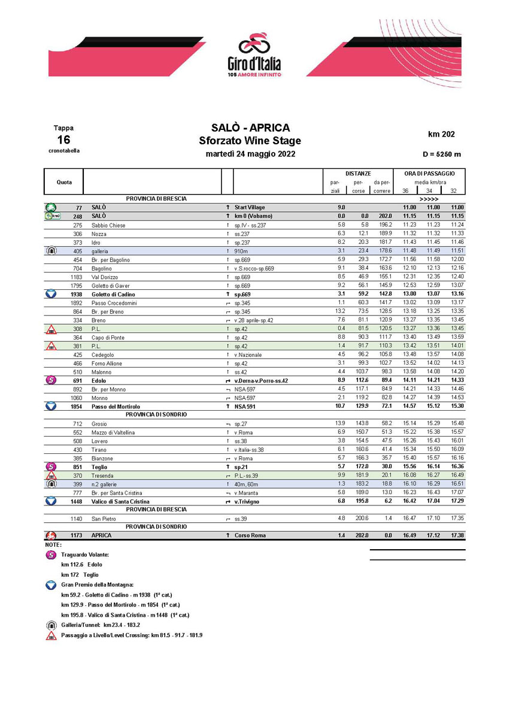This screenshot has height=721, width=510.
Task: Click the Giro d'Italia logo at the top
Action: click(254, 54)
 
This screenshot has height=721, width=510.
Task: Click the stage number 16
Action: click(63, 140)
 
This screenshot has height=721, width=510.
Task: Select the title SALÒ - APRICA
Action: click(250, 128)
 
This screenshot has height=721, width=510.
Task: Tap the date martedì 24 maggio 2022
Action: click(250, 154)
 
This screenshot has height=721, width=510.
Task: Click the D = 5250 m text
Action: click(441, 154)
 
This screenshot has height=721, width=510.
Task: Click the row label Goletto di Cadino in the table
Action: click(113, 295)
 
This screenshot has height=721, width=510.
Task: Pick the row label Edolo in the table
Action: click(98, 380)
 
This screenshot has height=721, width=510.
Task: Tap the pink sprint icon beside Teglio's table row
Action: click(51, 466)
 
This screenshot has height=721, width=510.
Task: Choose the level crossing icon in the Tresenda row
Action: click(51, 475)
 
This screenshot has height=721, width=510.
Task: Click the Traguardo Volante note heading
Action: click(85, 555)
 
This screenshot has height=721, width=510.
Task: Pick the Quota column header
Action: click(64, 182)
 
